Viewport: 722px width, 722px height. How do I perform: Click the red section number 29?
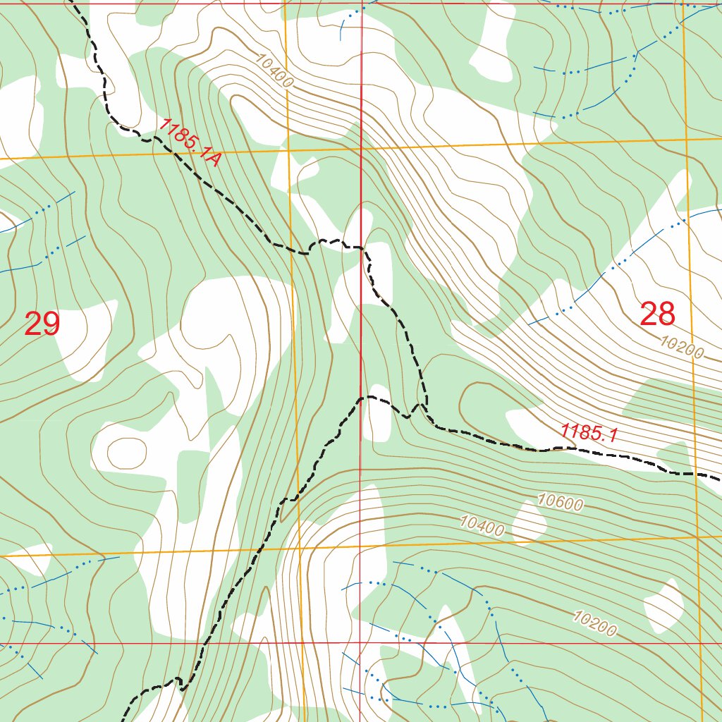click(42, 324)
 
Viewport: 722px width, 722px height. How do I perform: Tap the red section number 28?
click(657, 314)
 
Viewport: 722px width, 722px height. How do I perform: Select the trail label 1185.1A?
click(190, 142)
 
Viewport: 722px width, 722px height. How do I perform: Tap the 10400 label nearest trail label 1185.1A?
click(274, 72)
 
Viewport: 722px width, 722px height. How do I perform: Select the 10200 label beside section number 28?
click(683, 347)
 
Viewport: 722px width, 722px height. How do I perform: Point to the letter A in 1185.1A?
click(214, 161)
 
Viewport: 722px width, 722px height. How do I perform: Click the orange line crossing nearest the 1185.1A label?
click(288, 149)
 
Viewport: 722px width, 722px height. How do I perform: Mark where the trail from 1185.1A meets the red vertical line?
click(362, 248)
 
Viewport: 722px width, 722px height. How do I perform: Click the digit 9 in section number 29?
click(51, 324)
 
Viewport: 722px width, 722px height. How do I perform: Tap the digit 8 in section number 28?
click(666, 314)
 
